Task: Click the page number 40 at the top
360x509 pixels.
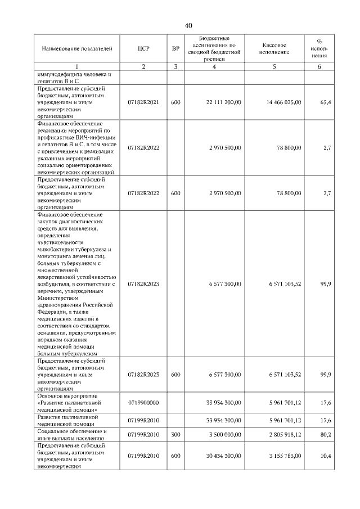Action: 188,25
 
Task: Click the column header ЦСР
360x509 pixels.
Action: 143,48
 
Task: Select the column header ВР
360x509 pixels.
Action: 175,48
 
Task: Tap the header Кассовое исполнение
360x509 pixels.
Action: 276,48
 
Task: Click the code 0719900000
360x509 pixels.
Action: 143,403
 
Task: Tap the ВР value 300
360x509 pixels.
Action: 175,434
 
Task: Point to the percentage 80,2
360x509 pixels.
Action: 325,434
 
